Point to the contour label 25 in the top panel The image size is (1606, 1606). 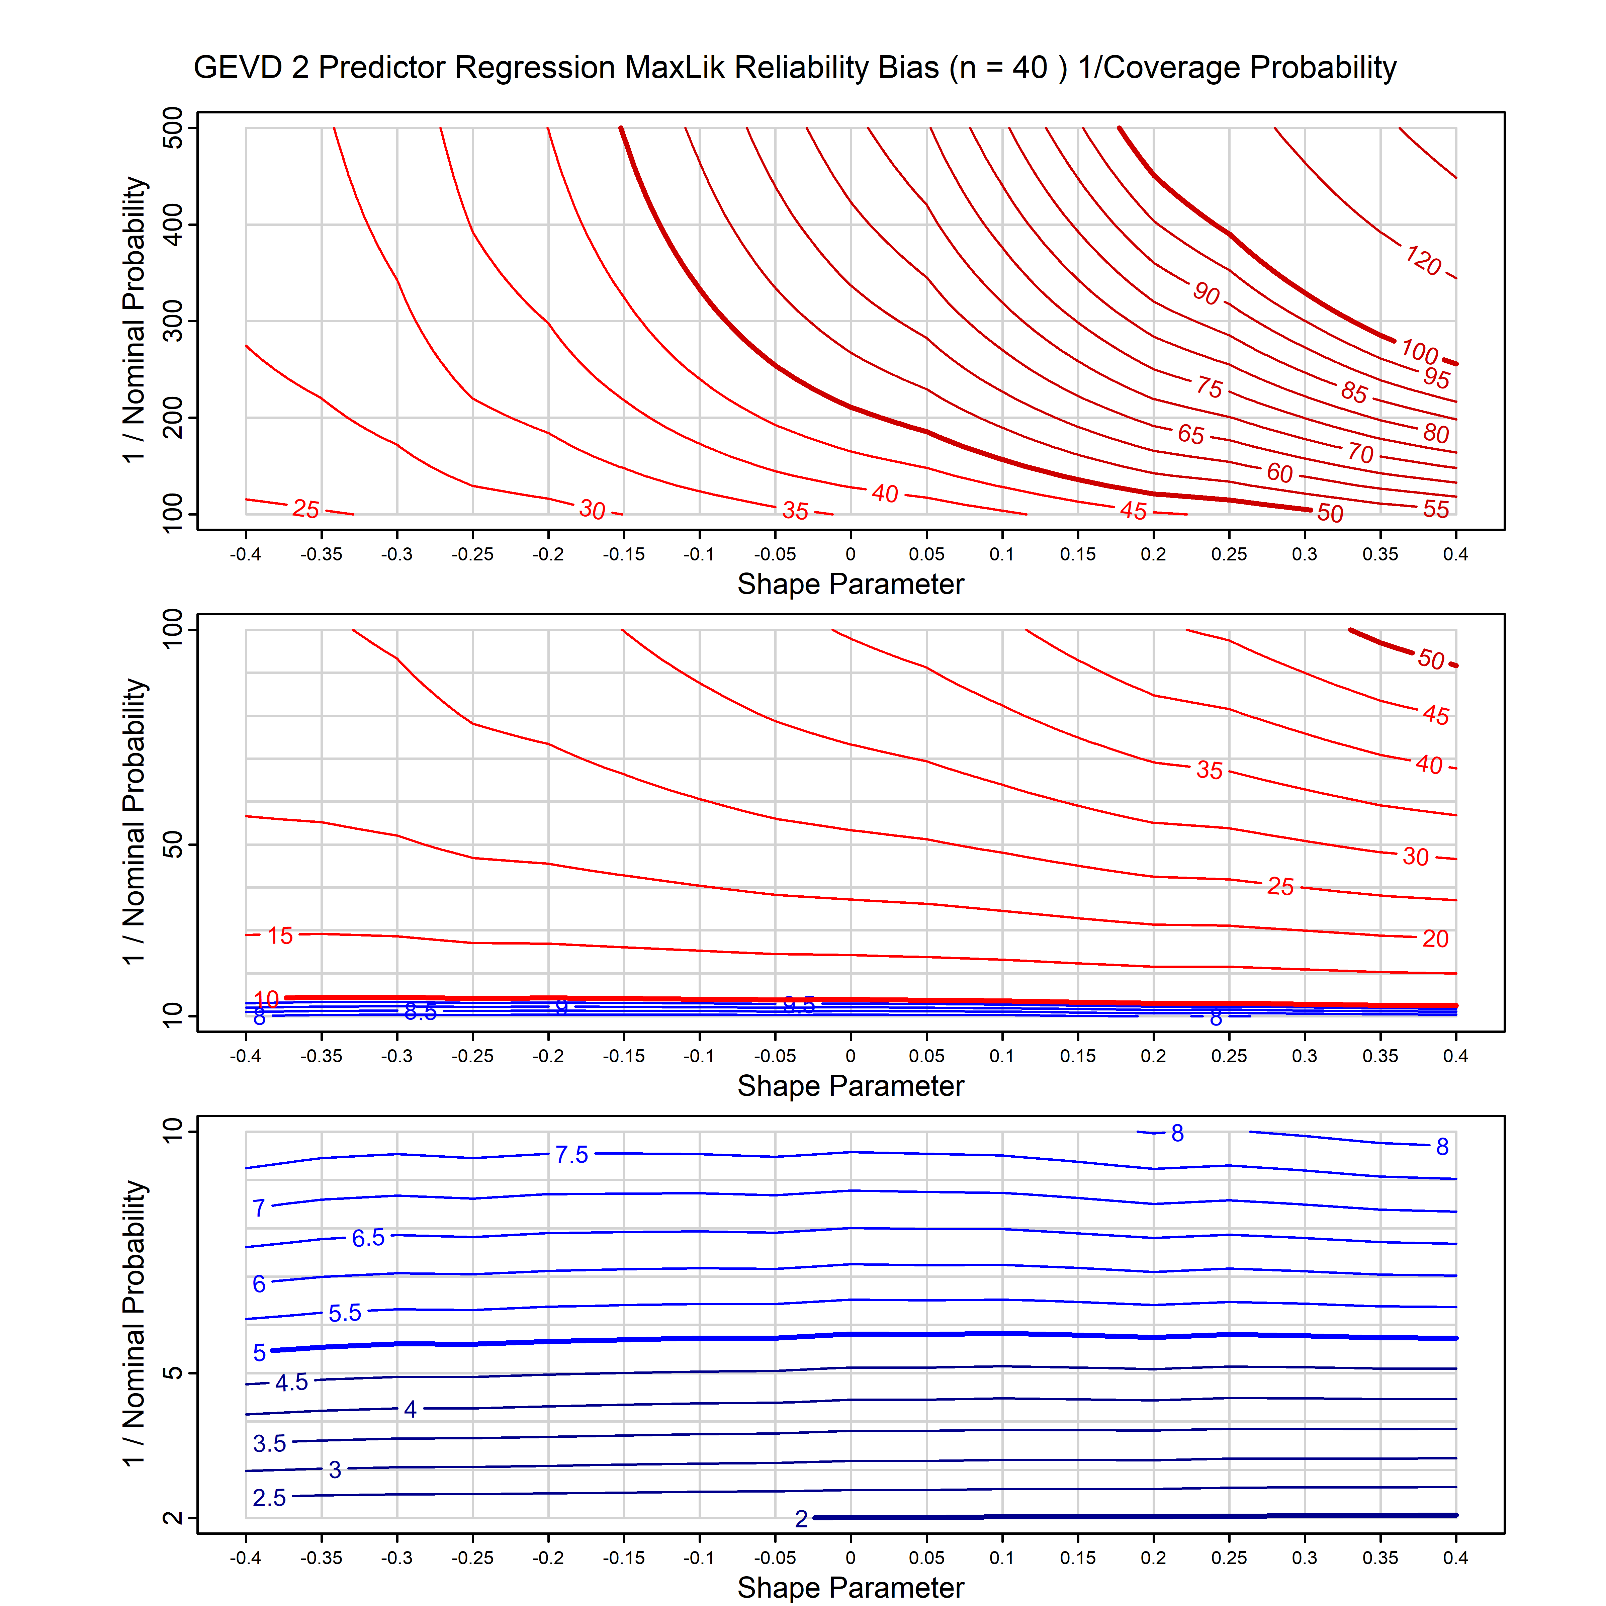click(306, 509)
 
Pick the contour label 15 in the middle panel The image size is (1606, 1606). click(280, 936)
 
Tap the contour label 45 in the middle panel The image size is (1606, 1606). click(1436, 715)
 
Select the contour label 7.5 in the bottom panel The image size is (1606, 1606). click(572, 1155)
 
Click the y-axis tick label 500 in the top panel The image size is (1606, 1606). click(173, 128)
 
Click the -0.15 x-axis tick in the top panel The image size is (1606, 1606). click(623, 554)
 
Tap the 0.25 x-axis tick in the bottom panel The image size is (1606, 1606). click(1229, 1558)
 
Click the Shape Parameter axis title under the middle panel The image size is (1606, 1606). click(851, 1086)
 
